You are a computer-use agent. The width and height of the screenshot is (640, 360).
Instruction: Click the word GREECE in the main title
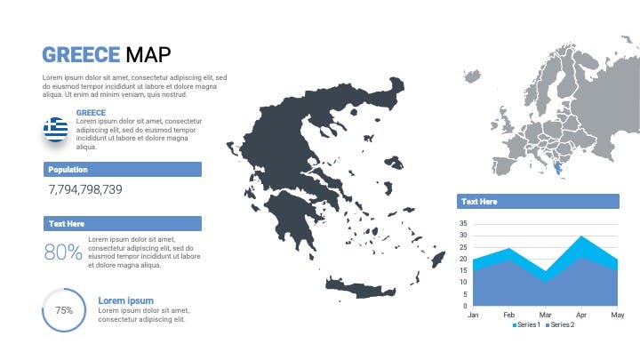coord(81,55)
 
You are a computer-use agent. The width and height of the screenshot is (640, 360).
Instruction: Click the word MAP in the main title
coord(148,55)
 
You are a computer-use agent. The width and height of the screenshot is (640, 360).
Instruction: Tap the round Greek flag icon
coord(56,130)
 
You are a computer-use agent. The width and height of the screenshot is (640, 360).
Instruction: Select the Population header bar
coord(123,170)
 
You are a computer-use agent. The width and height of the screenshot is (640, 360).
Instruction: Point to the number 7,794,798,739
coord(85,189)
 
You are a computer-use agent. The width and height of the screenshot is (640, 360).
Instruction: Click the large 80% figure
coord(63,252)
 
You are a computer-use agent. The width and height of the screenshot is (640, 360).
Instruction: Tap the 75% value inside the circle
coord(64,310)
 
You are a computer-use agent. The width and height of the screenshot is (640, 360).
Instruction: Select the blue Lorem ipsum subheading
coord(125,300)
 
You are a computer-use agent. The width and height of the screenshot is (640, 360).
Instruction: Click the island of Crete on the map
coord(360,289)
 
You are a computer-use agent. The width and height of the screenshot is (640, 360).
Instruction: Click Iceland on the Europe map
coord(472,76)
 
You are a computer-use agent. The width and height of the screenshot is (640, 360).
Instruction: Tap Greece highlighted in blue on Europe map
coord(557,167)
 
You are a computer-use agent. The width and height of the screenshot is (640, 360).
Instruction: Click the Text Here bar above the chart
coord(538,201)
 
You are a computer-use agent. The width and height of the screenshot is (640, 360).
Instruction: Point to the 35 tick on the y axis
coord(463,224)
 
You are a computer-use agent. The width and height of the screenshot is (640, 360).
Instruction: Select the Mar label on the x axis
coord(545,315)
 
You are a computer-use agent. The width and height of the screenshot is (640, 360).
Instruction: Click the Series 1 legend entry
coord(526,325)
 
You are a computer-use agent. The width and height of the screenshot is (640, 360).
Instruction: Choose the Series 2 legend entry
coord(560,325)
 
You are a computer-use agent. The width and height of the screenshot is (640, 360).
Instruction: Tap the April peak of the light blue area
coord(581,236)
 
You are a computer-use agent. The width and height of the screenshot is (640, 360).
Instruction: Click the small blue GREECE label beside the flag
coord(91,113)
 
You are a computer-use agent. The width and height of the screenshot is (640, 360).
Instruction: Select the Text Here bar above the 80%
coord(123,224)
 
